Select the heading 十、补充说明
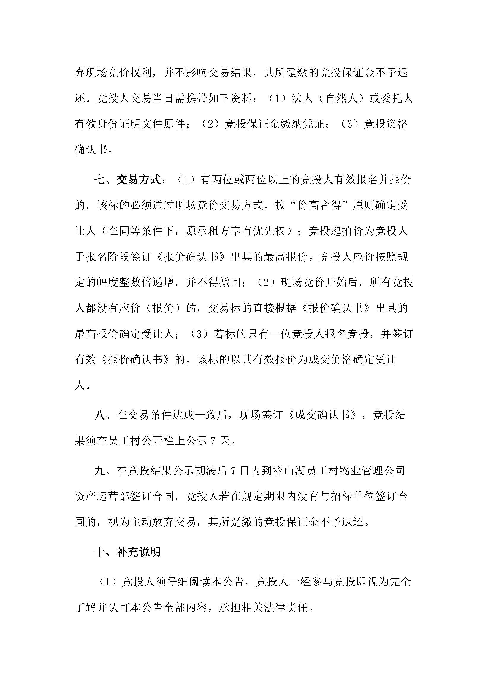128,552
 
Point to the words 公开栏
169,441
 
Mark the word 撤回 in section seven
230,283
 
